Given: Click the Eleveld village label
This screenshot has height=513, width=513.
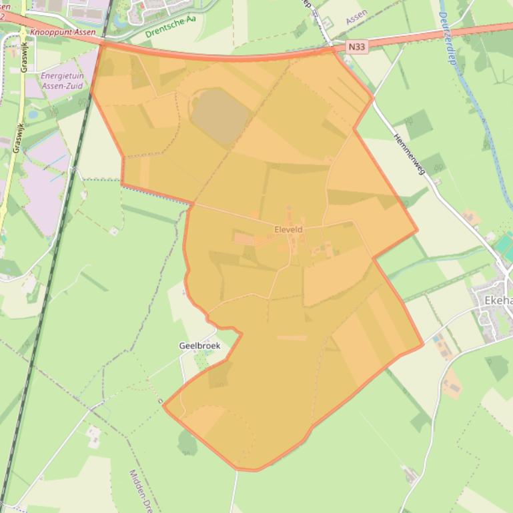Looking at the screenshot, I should [x=288, y=229].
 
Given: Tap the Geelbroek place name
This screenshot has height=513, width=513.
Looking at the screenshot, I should [x=199, y=346].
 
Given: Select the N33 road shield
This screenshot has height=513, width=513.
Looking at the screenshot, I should [x=357, y=47].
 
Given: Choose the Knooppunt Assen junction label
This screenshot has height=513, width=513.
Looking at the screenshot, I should [x=63, y=31].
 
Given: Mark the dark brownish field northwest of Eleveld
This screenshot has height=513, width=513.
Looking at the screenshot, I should [x=219, y=116].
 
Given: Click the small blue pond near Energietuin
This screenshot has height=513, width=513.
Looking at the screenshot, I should [x=33, y=114].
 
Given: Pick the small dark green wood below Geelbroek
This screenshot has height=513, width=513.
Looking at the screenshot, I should [x=187, y=442].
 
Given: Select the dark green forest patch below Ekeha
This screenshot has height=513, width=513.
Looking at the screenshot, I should [x=497, y=367].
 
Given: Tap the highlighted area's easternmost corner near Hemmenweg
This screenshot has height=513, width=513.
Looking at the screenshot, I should [x=418, y=231].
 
